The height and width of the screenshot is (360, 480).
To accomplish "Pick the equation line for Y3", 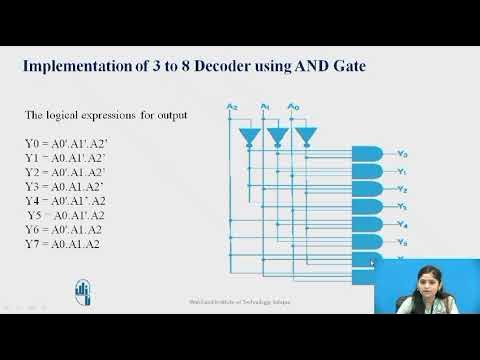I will (65, 186).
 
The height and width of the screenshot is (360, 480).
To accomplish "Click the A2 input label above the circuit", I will (231, 106).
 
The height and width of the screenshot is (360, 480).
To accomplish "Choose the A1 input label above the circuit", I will (264, 106).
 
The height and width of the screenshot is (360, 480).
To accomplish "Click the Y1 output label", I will (401, 171).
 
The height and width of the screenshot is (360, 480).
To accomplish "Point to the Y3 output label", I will (401, 207).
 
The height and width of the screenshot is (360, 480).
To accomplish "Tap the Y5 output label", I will (401, 242).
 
